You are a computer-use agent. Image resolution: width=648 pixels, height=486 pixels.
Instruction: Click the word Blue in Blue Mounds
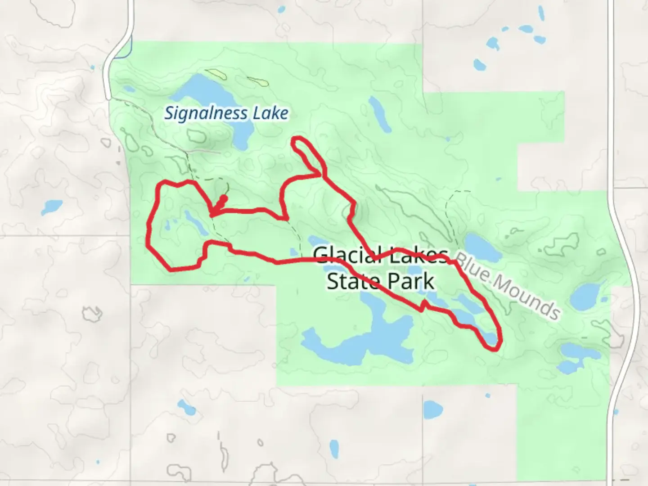(x=474, y=270)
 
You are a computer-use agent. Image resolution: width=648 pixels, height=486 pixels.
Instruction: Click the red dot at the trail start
(x=224, y=198)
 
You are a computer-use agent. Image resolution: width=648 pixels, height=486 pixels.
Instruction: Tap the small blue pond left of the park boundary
(x=51, y=207)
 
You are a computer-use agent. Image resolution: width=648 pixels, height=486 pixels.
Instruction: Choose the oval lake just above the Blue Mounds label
(x=483, y=247)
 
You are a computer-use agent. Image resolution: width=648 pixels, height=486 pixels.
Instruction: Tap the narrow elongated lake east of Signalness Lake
(x=380, y=113)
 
